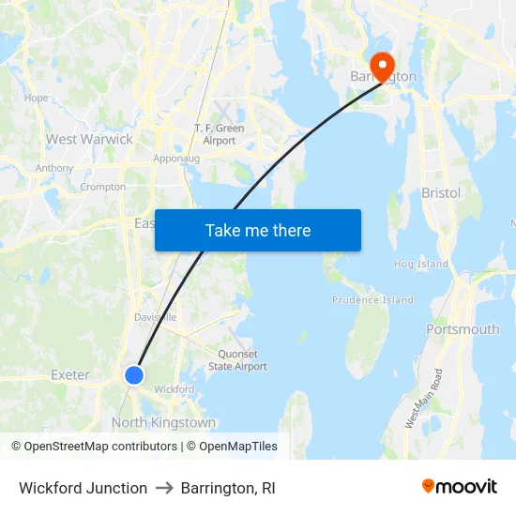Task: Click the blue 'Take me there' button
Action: (258, 230)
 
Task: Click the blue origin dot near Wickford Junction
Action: (134, 375)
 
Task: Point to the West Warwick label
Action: (90, 139)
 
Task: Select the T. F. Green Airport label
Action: (215, 134)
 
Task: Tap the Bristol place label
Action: (441, 192)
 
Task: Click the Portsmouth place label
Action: (463, 329)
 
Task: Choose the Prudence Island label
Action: (372, 300)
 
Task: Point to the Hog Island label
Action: (421, 265)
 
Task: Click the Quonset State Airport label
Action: (237, 361)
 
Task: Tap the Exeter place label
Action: (70, 375)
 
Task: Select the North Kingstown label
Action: (163, 422)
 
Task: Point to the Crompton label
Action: (103, 187)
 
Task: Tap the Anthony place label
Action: (54, 168)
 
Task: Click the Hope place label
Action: (36, 98)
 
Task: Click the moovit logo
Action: (460, 487)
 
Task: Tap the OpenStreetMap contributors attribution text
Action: (94, 447)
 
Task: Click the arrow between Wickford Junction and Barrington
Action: (164, 489)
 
